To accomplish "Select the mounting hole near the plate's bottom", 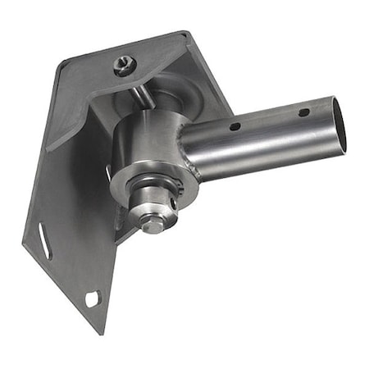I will (91, 298).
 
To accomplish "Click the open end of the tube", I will (338, 125).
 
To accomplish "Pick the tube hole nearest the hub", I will (235, 126).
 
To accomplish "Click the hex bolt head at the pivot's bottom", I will (153, 223).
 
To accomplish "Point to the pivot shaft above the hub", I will (141, 95).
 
